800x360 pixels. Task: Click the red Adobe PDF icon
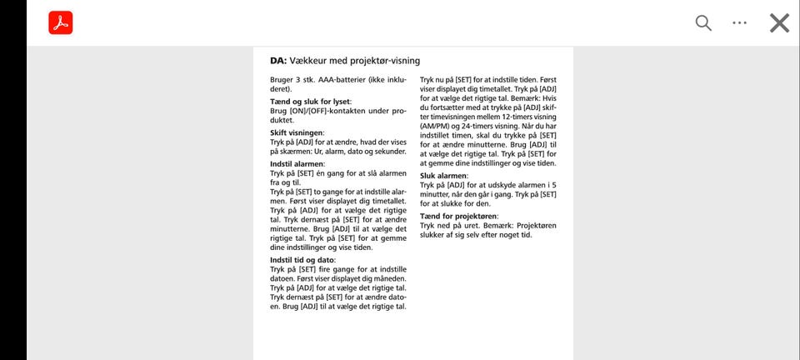pos(61,23)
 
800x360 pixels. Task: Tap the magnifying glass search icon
pos(703,23)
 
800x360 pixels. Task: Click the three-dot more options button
pos(740,23)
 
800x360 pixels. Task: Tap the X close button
pos(779,23)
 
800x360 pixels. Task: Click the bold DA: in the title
pos(278,61)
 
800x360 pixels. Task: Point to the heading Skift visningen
pos(297,132)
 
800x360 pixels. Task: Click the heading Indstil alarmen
pos(298,164)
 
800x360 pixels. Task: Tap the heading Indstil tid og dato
pos(302,260)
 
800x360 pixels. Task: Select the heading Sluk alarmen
pos(443,176)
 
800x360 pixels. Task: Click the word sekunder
pos(389,152)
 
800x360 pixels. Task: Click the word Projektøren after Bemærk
pos(536,225)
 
